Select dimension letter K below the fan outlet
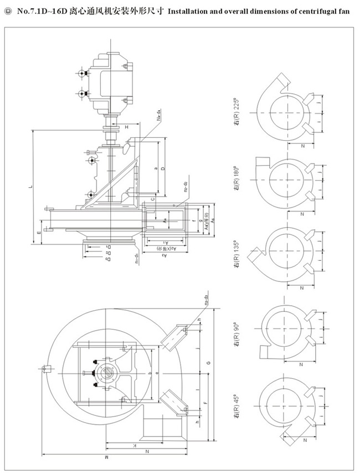pyautogui.click(x=133, y=445)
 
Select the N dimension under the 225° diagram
pyautogui.click(x=302, y=146)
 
